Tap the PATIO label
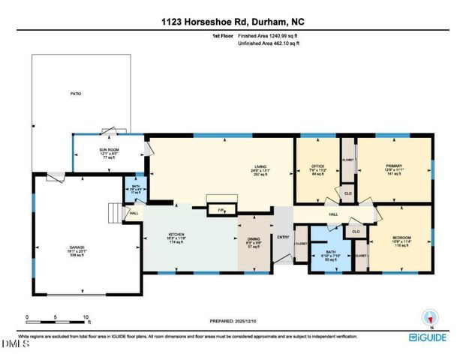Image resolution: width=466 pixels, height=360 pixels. pos(76,94)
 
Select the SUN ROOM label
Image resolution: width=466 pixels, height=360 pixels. pos(110,151)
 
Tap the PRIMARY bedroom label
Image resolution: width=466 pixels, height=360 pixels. pos(394,166)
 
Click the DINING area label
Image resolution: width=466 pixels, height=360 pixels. pos(253,241)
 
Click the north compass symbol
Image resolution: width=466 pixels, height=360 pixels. pos(430,318)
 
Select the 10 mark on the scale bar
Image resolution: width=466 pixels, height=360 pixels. pos(86,318)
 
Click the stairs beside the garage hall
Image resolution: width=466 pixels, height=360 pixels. pos(114,214)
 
